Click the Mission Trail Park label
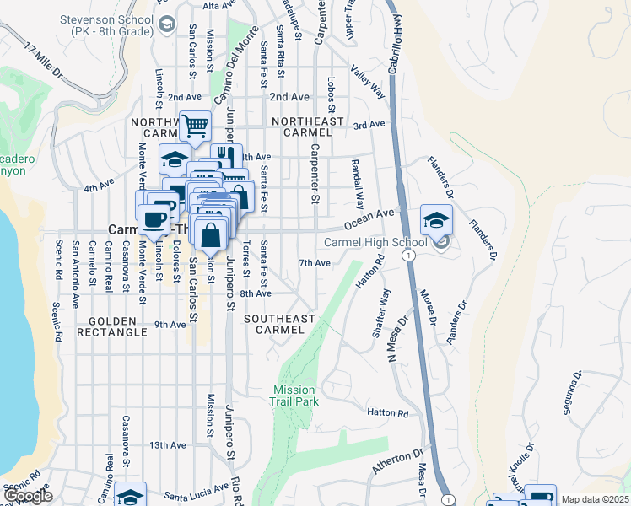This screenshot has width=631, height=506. (293, 396)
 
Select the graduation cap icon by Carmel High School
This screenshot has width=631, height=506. (436, 221)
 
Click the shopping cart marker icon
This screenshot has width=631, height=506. (195, 126)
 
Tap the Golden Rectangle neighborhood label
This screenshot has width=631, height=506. (111, 326)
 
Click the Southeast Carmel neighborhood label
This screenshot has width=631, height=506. (279, 324)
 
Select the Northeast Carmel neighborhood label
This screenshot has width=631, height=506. (313, 126)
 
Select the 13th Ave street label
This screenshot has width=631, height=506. (167, 444)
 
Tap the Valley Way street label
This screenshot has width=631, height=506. (368, 83)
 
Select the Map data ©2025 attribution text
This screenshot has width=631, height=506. (596, 499)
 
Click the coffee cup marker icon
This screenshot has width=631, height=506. (154, 220)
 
